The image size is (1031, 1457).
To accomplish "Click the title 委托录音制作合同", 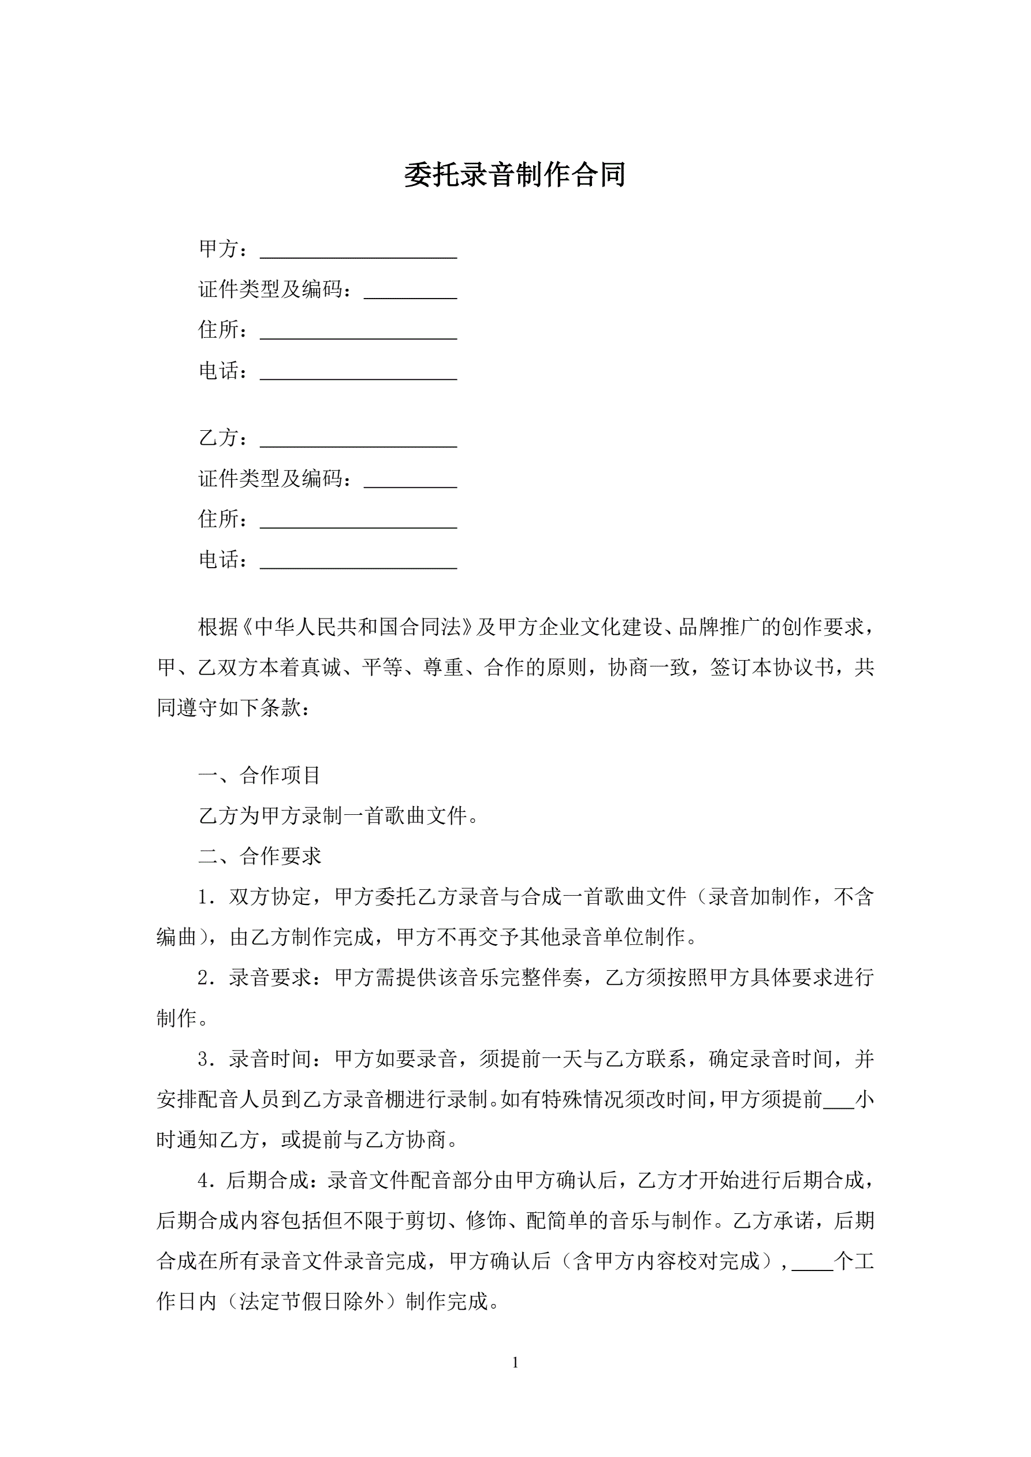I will coord(515,175).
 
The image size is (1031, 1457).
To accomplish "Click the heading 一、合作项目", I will coord(260,775).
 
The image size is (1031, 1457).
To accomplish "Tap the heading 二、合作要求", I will coord(260,856).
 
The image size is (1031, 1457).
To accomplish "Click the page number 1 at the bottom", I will coord(515,1362).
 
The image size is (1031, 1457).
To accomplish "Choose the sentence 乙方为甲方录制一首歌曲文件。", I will coord(339,815).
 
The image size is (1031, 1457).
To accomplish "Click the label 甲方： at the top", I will coord(224,249).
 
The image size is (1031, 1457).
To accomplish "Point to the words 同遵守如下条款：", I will coord(233,707).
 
